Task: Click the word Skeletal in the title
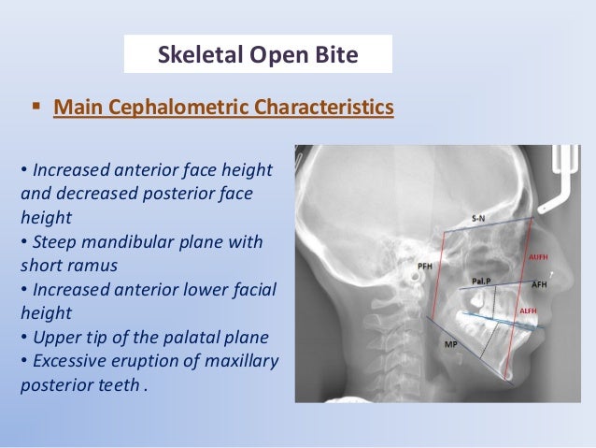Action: point(192,56)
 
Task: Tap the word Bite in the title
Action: point(335,56)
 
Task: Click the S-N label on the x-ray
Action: point(478,217)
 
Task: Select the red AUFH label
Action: point(539,254)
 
